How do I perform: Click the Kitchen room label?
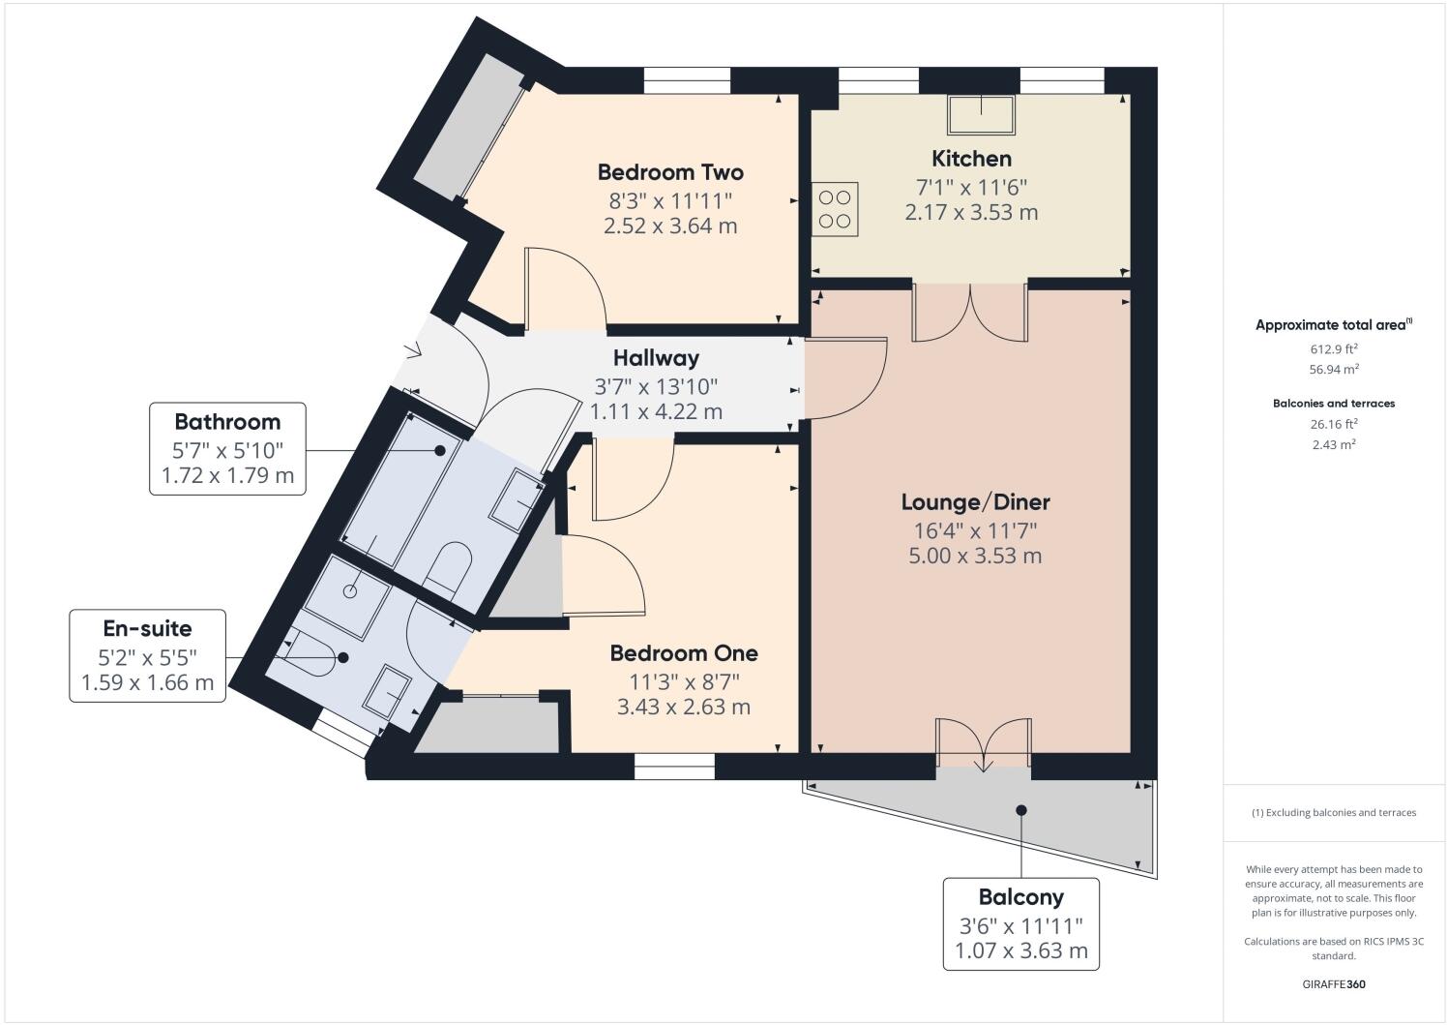pyautogui.click(x=971, y=159)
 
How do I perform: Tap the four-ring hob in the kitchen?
pyautogui.click(x=835, y=209)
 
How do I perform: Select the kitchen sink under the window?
pyautogui.click(x=981, y=114)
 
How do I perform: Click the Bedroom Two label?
pyautogui.click(x=670, y=172)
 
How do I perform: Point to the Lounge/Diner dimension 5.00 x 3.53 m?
pyautogui.click(x=975, y=556)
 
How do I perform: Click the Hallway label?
pyautogui.click(x=656, y=358)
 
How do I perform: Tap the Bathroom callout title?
pyautogui.click(x=227, y=422)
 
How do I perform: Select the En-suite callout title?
pyautogui.click(x=147, y=628)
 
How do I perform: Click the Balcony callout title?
pyautogui.click(x=1020, y=897)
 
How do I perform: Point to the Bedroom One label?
pyautogui.click(x=684, y=653)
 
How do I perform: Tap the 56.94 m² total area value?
pyautogui.click(x=1334, y=370)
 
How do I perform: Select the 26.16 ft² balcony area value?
pyautogui.click(x=1334, y=424)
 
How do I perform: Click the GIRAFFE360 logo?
pyautogui.click(x=1334, y=984)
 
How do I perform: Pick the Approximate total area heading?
pyautogui.click(x=1334, y=324)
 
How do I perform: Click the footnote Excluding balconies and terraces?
pyautogui.click(x=1334, y=812)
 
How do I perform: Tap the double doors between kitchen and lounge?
pyautogui.click(x=969, y=313)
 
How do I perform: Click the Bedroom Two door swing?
pyautogui.click(x=567, y=286)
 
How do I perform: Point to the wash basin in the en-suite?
pyautogui.click(x=387, y=691)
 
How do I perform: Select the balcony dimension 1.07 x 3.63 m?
pyautogui.click(x=1020, y=950)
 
